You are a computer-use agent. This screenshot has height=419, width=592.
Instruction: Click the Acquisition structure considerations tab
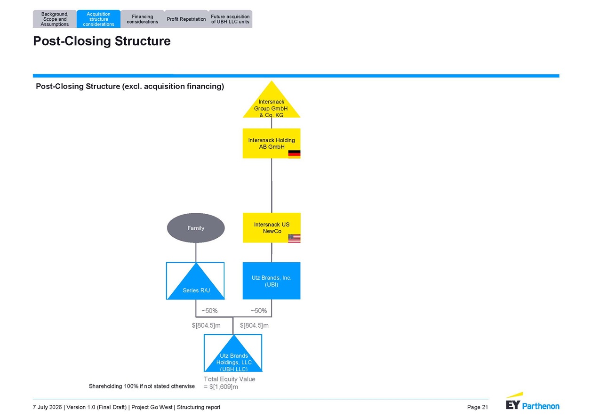(x=98, y=19)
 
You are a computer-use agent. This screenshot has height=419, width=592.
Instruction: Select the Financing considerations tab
(x=143, y=19)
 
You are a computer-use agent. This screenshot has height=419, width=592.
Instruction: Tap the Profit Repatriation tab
(x=186, y=19)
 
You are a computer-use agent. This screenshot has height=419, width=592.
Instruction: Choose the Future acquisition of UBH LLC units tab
(x=230, y=19)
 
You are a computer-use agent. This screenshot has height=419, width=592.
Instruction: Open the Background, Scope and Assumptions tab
(x=55, y=19)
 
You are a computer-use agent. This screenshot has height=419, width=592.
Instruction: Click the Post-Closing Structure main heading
(x=102, y=41)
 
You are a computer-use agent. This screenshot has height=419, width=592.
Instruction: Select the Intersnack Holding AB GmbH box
(x=272, y=143)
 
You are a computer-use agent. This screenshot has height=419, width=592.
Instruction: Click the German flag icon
(x=294, y=154)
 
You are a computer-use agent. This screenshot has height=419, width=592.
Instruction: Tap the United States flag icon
(x=294, y=238)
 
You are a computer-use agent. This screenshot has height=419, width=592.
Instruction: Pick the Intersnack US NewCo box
(x=272, y=227)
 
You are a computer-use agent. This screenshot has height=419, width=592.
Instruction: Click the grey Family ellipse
(x=196, y=228)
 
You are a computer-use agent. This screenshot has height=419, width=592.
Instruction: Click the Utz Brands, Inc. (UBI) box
(x=272, y=281)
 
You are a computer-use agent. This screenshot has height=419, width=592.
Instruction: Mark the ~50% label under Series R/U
(x=209, y=311)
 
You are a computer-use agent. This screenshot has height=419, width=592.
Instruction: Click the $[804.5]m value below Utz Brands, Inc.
(x=254, y=325)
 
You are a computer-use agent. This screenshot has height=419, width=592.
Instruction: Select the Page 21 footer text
(x=477, y=407)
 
